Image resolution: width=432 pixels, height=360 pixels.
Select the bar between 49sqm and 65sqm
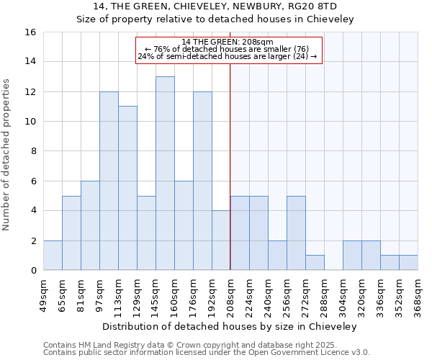tap(53, 256)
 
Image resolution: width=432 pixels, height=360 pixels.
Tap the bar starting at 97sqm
tap(109, 181)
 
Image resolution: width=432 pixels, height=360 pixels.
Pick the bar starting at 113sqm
tap(127, 189)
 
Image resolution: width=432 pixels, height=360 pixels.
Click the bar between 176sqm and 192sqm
tap(202, 181)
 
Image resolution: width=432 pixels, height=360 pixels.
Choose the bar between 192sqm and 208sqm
tap(221, 240)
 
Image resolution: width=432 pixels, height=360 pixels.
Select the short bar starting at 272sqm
tap(315, 263)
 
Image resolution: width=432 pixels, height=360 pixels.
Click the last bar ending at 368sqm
tap(408, 263)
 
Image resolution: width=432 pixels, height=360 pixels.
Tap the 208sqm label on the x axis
tap(230, 295)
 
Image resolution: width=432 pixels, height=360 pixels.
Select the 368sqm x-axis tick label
tap(418, 295)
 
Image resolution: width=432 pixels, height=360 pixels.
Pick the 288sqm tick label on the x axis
tap(324, 295)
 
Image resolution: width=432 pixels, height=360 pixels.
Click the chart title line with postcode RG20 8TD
tap(216, 6)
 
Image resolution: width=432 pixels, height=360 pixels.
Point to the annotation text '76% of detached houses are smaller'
tap(228, 49)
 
